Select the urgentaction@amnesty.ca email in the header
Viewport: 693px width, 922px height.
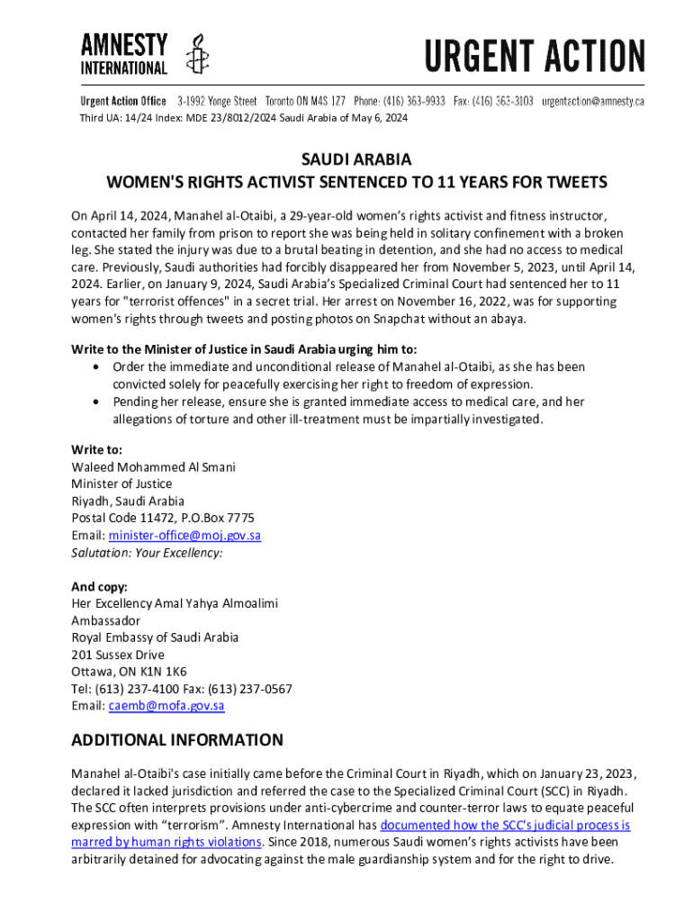coord(592,101)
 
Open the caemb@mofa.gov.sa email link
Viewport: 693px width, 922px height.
coord(166,706)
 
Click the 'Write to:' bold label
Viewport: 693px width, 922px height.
coord(97,449)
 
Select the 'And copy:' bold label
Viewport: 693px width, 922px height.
coord(100,586)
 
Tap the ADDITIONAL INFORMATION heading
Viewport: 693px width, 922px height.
coord(177,741)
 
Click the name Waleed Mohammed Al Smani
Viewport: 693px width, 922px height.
coord(153,466)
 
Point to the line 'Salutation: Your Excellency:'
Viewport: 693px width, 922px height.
coord(147,552)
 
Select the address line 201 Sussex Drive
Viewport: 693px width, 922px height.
coord(118,655)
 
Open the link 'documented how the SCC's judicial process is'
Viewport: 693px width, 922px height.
coord(505,825)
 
